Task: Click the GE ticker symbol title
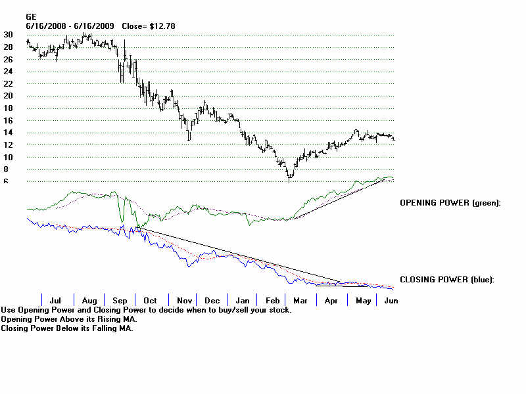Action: (x=30, y=16)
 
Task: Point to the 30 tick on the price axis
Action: (x=8, y=35)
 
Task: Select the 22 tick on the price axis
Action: (x=8, y=83)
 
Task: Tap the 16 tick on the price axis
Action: (x=8, y=120)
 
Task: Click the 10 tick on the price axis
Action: (x=8, y=157)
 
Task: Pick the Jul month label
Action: (x=57, y=300)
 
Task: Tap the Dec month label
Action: (x=212, y=300)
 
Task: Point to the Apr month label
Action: (x=331, y=300)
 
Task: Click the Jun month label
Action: (x=391, y=300)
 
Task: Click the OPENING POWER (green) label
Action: (x=450, y=203)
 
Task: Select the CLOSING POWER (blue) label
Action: (x=447, y=280)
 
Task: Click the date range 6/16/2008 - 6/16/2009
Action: (x=70, y=26)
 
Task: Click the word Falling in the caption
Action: (x=116, y=328)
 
